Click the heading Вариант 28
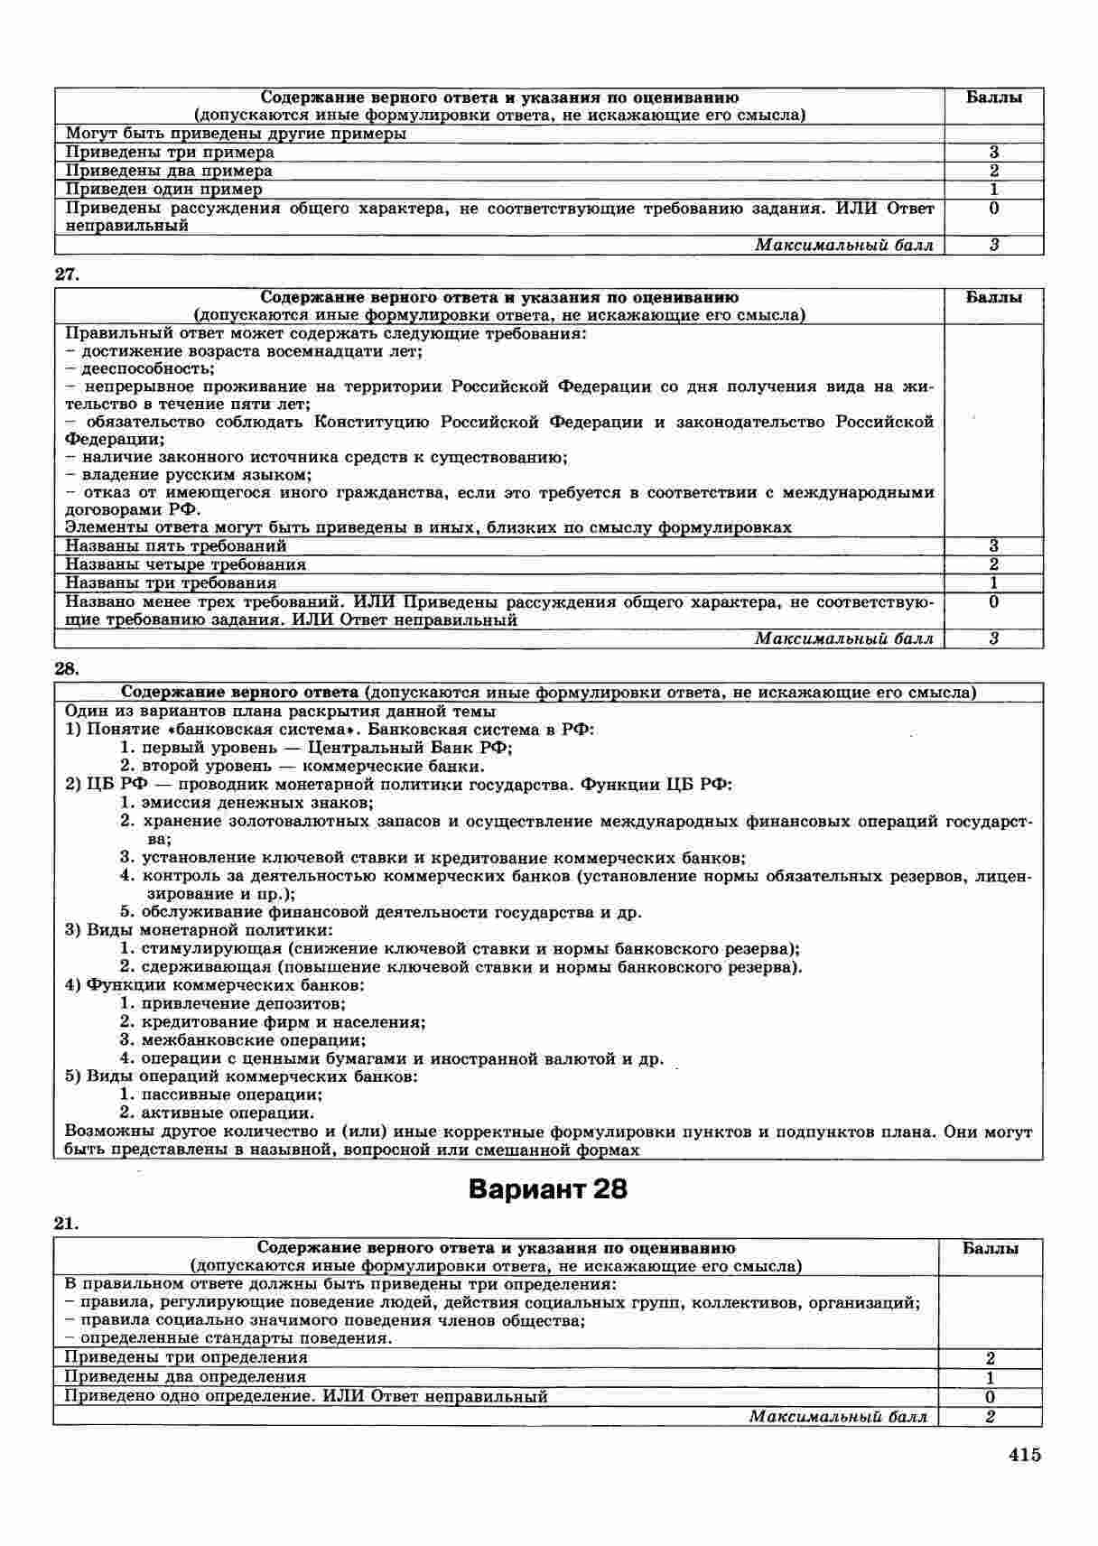tap(548, 1189)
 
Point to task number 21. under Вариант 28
tap(67, 1224)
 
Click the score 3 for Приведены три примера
tap(993, 153)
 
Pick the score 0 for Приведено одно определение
tap(990, 1396)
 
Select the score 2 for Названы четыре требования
tap(993, 564)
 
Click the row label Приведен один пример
tap(163, 190)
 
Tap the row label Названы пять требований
tap(176, 546)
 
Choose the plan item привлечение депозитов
tap(243, 1003)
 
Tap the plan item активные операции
tap(228, 1113)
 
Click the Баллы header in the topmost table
tap(993, 98)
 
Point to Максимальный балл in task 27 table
tap(843, 639)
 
